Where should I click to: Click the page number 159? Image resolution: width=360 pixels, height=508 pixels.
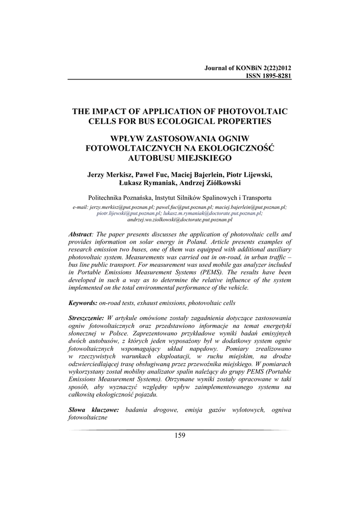[x=180, y=435]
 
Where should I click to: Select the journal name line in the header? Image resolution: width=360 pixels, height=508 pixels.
[x=248, y=68]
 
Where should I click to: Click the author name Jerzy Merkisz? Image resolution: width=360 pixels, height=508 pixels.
[x=109, y=175]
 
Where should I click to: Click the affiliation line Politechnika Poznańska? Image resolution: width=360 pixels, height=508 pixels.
[x=179, y=196]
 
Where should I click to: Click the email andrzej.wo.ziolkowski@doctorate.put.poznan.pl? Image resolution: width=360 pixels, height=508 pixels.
[x=180, y=218]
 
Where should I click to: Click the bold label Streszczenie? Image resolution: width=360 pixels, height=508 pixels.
[x=86, y=317]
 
